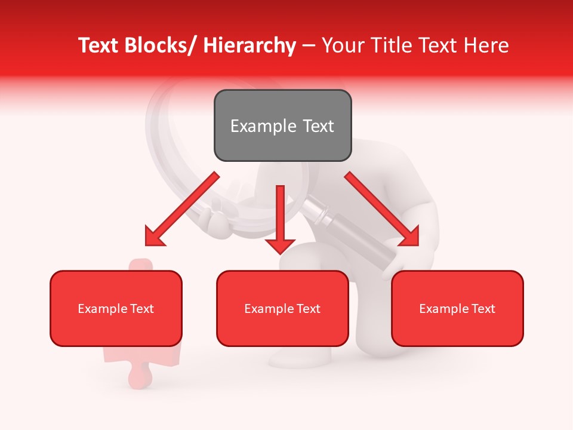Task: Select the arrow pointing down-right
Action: point(382,209)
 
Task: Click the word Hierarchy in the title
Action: point(249,45)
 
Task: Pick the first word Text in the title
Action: point(98,45)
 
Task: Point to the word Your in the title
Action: point(343,45)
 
